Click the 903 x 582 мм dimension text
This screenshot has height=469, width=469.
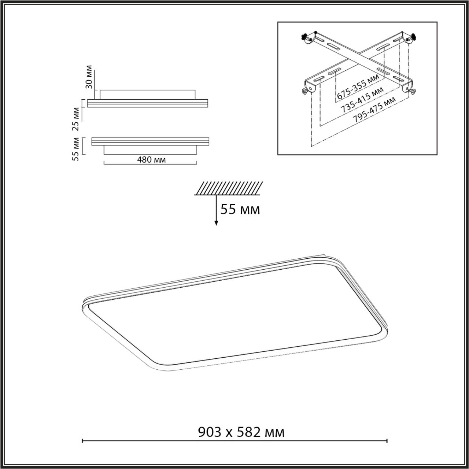click(x=241, y=432)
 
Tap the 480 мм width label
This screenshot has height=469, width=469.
click(x=151, y=160)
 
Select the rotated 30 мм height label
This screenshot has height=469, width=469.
click(x=89, y=78)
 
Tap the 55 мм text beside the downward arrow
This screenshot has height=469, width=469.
click(x=240, y=210)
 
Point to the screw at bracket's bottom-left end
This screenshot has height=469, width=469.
click(x=304, y=91)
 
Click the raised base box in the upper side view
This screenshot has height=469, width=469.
click(x=147, y=94)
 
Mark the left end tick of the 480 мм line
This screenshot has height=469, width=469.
click(x=104, y=163)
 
